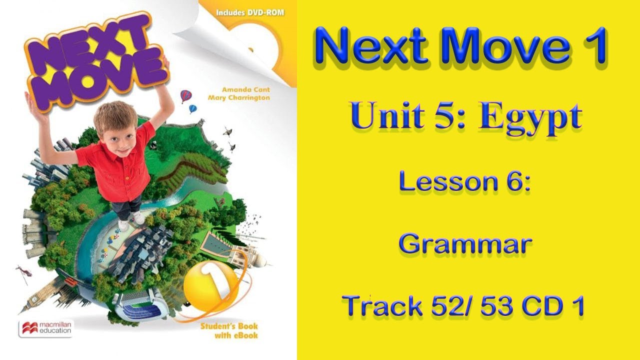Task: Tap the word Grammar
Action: pos(465,244)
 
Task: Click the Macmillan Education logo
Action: pos(45,328)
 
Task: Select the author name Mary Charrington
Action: pos(238,98)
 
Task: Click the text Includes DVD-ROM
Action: pos(250,12)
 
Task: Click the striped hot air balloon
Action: pos(185,95)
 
